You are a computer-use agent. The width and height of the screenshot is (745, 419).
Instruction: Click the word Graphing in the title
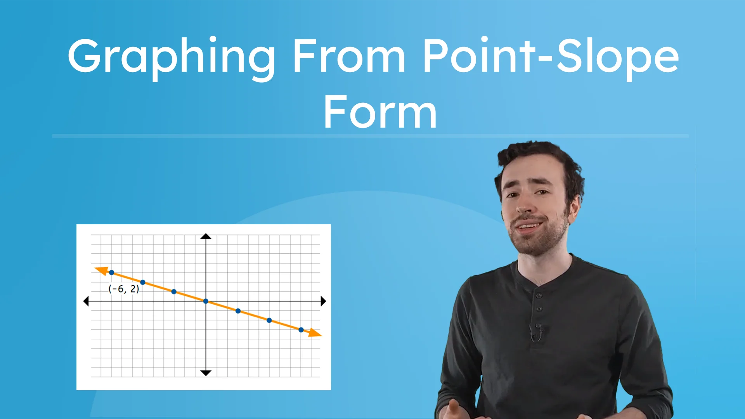tap(171, 57)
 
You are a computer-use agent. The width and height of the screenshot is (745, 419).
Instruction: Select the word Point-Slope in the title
tap(550, 57)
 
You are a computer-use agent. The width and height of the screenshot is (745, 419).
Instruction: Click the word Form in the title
tap(380, 113)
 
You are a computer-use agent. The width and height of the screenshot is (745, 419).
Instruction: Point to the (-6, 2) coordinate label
tap(123, 289)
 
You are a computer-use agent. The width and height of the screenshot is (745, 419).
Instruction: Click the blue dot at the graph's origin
tap(206, 301)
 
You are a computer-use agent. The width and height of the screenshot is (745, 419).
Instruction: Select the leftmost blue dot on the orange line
tap(111, 272)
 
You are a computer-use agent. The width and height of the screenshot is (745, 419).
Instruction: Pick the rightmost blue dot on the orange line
tap(301, 330)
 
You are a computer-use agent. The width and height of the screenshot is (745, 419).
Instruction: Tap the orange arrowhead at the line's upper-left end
tap(102, 270)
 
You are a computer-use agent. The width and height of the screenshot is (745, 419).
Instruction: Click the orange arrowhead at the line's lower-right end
tap(315, 333)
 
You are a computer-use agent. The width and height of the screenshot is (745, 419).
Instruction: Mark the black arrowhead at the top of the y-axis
tap(206, 236)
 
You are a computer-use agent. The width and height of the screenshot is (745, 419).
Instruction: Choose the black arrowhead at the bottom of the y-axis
tap(206, 373)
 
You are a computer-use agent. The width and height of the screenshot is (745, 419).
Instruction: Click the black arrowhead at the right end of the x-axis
tap(323, 301)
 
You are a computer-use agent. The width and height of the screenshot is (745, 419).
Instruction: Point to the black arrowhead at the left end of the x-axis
tap(86, 301)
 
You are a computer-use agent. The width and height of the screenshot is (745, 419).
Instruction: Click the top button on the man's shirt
tap(539, 296)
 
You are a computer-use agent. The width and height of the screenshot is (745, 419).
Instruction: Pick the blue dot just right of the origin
tap(238, 311)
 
